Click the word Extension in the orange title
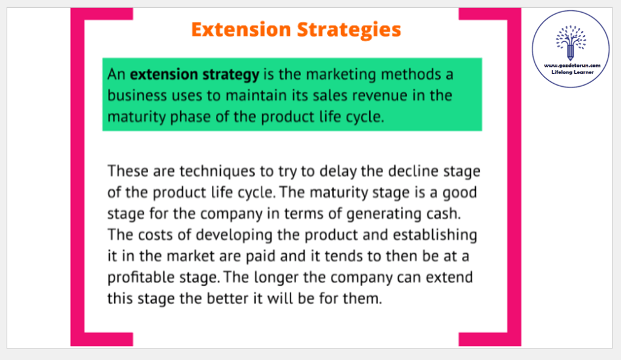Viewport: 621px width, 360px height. [x=241, y=29]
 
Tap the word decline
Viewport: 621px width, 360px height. [x=413, y=171]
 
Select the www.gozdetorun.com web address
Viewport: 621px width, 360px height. [x=572, y=66]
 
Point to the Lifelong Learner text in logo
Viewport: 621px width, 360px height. [x=572, y=72]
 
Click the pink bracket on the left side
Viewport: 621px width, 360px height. [x=77, y=177]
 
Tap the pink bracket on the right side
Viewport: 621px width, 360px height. [x=514, y=177]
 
